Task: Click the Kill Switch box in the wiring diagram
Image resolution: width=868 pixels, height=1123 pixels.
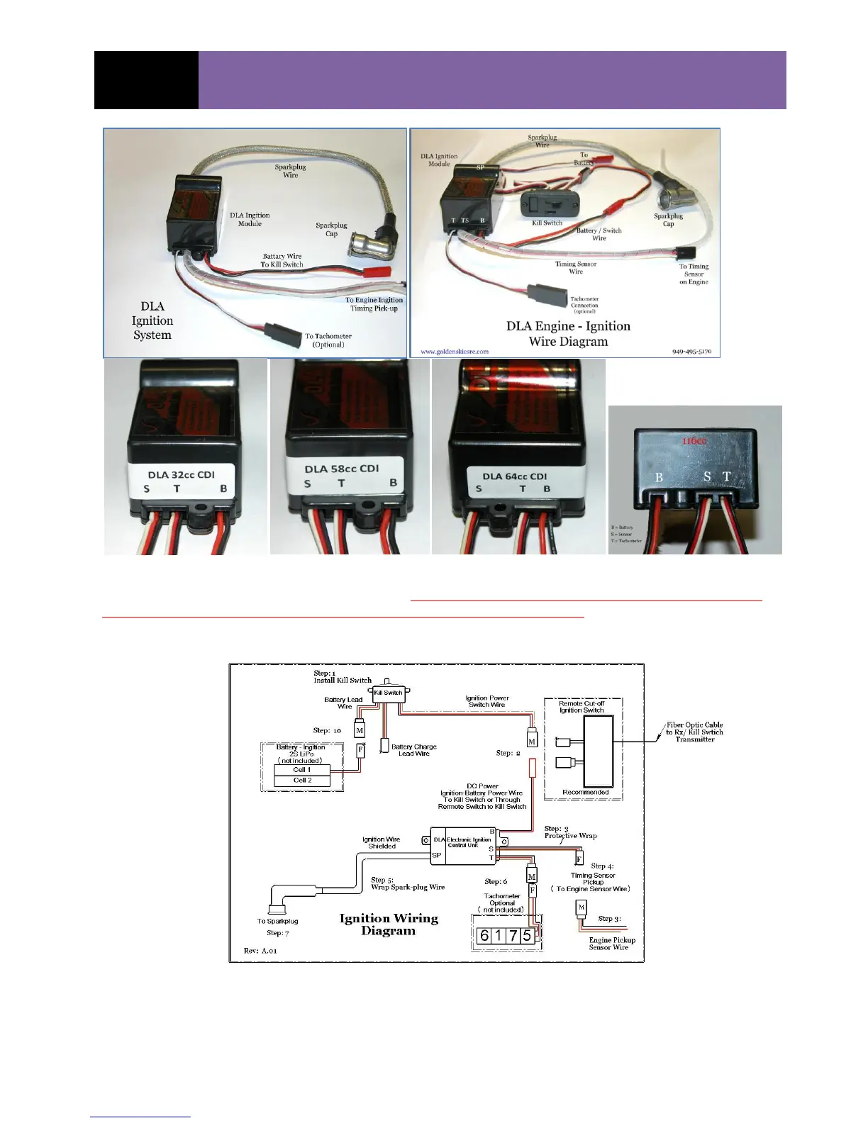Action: pyautogui.click(x=388, y=693)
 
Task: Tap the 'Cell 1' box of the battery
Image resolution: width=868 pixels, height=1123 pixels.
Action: pyautogui.click(x=302, y=770)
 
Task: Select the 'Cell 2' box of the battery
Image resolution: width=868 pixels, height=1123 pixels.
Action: pyautogui.click(x=302, y=781)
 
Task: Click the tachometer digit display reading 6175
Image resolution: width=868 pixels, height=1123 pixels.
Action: pyautogui.click(x=506, y=936)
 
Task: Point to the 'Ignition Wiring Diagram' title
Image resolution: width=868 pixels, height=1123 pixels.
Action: pyautogui.click(x=389, y=924)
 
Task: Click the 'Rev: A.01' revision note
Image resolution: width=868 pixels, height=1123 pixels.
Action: pyautogui.click(x=261, y=951)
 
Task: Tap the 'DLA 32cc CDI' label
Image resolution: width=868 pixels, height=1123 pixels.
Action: pyautogui.click(x=181, y=475)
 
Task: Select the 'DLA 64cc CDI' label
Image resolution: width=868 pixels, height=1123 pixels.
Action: pyautogui.click(x=515, y=476)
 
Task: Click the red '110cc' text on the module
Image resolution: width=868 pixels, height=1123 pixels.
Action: pyautogui.click(x=694, y=441)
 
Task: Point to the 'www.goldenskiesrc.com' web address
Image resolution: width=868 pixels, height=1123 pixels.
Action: pyautogui.click(x=455, y=351)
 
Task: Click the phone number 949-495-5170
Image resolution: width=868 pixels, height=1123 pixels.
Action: pyautogui.click(x=691, y=351)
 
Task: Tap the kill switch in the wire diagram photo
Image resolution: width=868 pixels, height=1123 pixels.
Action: pyautogui.click(x=547, y=205)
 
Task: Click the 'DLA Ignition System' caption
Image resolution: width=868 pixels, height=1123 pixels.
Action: pyautogui.click(x=152, y=320)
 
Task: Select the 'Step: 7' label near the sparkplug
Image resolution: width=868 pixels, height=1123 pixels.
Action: pyautogui.click(x=278, y=933)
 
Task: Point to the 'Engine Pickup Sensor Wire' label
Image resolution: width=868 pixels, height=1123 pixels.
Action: pyautogui.click(x=611, y=943)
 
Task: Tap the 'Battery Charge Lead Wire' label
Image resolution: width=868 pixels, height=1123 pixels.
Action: pyautogui.click(x=414, y=750)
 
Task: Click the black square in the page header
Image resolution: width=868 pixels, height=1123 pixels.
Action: pyautogui.click(x=146, y=80)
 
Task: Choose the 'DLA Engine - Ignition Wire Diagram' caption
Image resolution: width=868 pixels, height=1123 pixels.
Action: pyautogui.click(x=568, y=333)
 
